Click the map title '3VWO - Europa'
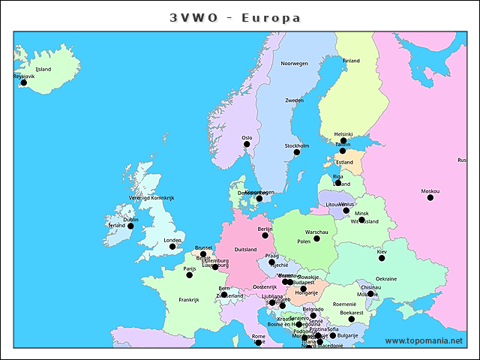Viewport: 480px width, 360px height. point(235,17)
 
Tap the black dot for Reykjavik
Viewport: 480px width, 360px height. point(23,82)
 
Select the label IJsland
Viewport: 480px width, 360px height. point(43,69)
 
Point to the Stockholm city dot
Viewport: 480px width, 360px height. point(296,152)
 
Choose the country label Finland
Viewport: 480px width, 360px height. point(351,61)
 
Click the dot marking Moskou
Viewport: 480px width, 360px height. point(430,197)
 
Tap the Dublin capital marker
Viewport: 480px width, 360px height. point(130,226)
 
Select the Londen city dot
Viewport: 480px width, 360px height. point(172,246)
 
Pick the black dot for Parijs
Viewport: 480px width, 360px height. point(189,274)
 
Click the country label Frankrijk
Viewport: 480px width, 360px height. point(189,299)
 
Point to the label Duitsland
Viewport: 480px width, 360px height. point(246,249)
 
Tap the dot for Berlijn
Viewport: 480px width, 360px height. point(265,235)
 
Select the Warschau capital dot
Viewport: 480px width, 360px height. point(316,238)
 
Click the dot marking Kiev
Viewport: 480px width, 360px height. point(382,258)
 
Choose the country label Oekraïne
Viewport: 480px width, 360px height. point(386,278)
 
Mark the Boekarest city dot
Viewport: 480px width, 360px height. point(351,319)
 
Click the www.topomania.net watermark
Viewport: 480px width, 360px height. point(424,340)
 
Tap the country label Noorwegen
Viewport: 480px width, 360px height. point(294,64)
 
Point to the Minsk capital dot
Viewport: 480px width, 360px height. point(361,220)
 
